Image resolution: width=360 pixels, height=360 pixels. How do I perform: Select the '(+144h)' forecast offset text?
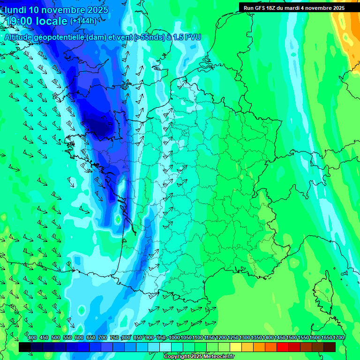(83, 21)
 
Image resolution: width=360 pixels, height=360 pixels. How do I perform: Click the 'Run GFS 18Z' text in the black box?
(262, 7)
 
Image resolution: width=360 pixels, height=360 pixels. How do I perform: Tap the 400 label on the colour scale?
(32, 337)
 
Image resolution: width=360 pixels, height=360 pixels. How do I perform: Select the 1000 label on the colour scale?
(174, 337)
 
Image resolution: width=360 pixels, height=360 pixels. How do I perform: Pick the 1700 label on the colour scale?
(339, 337)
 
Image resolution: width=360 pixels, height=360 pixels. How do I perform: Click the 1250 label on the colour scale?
(233, 337)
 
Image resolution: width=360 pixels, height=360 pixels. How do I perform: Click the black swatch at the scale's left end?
(25, 347)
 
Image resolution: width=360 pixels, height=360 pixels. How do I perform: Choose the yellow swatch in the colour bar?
(236, 347)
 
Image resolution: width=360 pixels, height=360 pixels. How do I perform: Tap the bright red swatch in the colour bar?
(283, 347)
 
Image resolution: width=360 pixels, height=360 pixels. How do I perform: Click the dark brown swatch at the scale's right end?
(330, 347)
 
